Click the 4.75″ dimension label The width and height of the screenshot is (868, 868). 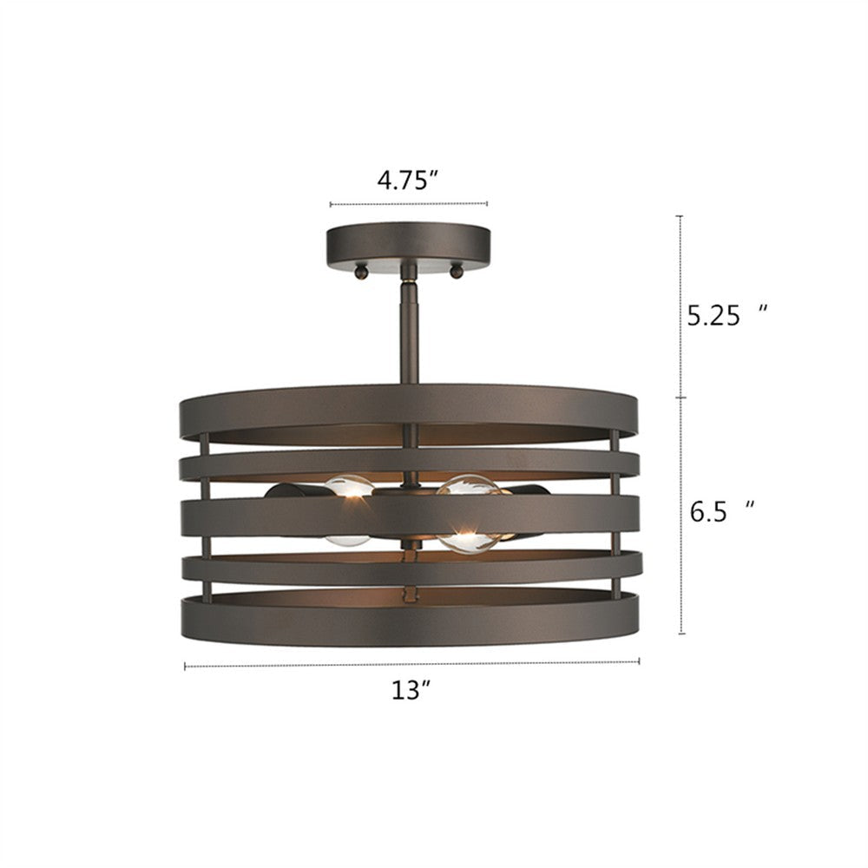[407, 181]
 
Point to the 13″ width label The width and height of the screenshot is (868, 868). [411, 691]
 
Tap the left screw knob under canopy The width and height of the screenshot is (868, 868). [358, 273]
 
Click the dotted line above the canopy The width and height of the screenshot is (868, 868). [408, 205]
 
